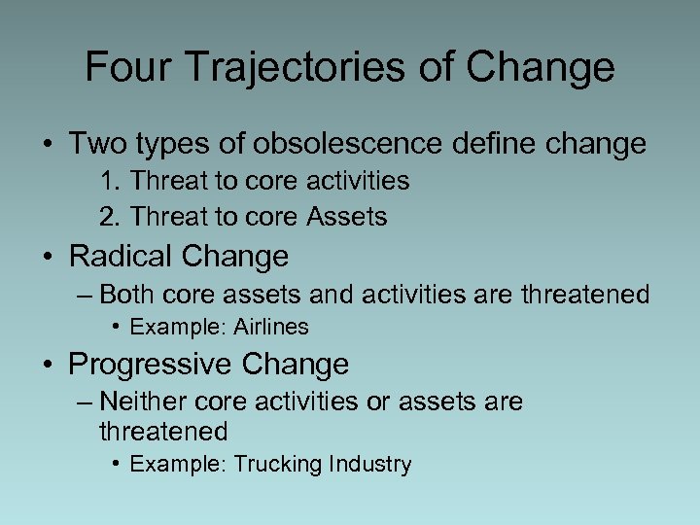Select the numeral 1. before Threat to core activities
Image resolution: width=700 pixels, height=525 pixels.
[x=110, y=182]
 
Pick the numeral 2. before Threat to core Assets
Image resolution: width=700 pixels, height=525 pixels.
[x=110, y=218]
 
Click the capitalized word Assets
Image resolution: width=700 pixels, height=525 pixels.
[x=346, y=218]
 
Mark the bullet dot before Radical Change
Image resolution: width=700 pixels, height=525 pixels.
[x=48, y=258]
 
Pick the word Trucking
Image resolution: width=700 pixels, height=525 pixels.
[x=274, y=465]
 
